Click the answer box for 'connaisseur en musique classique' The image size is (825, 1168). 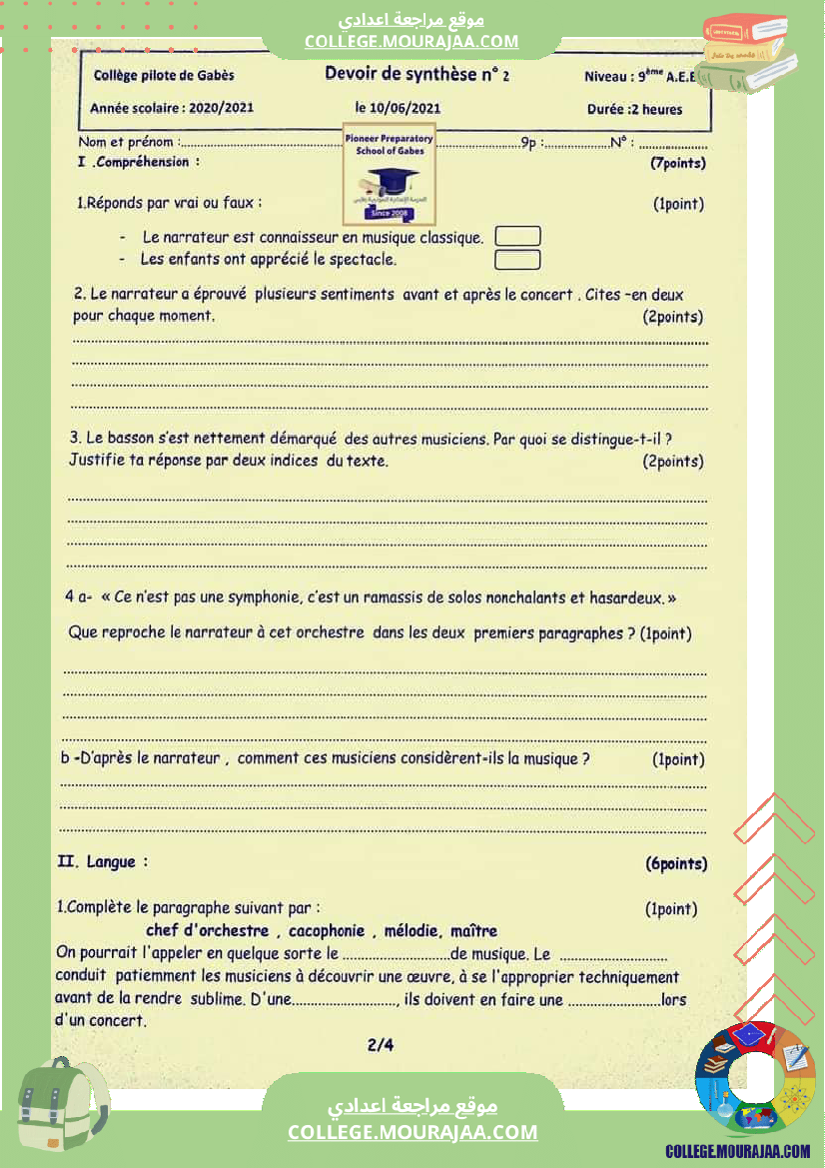(517, 237)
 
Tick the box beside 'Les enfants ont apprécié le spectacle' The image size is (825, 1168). (517, 260)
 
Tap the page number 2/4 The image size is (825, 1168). (381, 1046)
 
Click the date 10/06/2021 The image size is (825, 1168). (398, 108)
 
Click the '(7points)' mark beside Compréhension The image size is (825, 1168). (677, 163)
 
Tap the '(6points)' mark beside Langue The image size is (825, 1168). (676, 864)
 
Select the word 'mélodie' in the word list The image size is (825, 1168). (412, 931)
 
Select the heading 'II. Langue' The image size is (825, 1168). (104, 861)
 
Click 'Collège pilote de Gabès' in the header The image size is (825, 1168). (164, 75)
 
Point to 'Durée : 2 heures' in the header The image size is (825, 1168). (635, 109)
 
